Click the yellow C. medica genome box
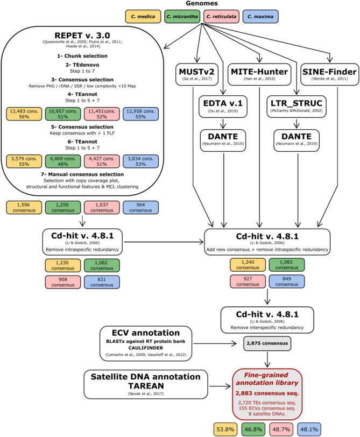[x=143, y=17]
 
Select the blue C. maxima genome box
[x=260, y=17]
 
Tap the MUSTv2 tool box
[x=197, y=74]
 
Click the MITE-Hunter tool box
[x=259, y=74]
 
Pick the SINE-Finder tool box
[x=330, y=74]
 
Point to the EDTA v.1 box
[x=223, y=107]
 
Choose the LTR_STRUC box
[x=297, y=107]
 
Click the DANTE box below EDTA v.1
[x=223, y=140]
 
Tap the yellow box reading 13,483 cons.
[x=24, y=114]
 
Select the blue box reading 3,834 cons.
[x=140, y=161]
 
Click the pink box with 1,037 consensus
[x=102, y=208]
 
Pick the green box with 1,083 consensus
[x=287, y=265]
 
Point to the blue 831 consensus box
[x=102, y=282]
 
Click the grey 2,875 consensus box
[x=267, y=343]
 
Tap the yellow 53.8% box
[x=225, y=429]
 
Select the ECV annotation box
[x=146, y=344]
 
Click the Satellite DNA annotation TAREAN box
[x=146, y=384]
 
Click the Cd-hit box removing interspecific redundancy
[x=267, y=320]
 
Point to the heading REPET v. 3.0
[x=82, y=36]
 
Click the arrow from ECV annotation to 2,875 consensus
[x=215, y=344]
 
